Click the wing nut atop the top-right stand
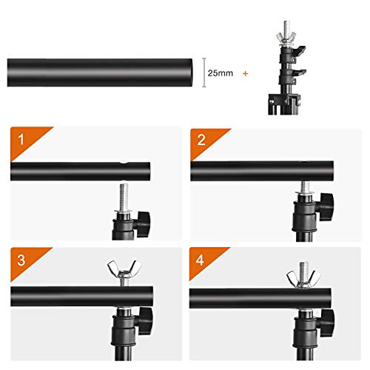pos(283,37)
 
